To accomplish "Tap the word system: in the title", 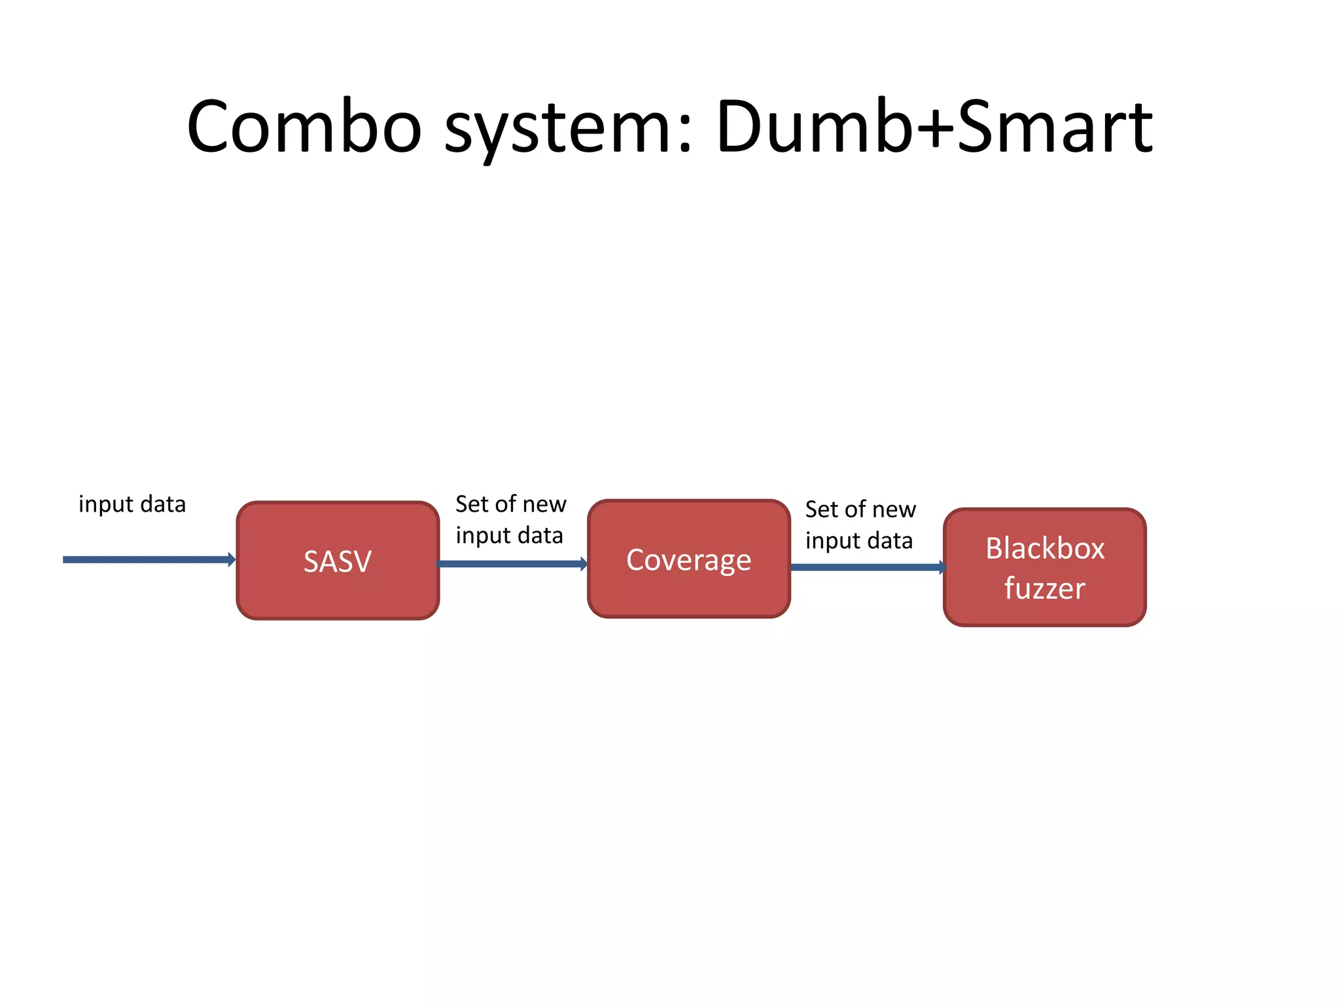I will tap(568, 128).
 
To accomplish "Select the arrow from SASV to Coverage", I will tap(510, 564).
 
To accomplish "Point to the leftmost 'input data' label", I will tap(132, 504).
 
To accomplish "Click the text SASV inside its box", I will tap(338, 561).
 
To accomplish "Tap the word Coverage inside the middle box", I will tap(688, 560).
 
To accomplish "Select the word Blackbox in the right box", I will tap(1045, 548).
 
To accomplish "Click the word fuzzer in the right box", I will tap(1045, 588).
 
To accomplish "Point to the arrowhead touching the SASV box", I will tap(232, 559).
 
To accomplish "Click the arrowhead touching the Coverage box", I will tap(584, 564).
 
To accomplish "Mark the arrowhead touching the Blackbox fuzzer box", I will tap(942, 567).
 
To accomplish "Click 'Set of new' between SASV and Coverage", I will tap(510, 504).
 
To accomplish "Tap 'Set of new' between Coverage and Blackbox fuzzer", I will tap(860, 510).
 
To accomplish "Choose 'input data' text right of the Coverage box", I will tap(859, 541).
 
